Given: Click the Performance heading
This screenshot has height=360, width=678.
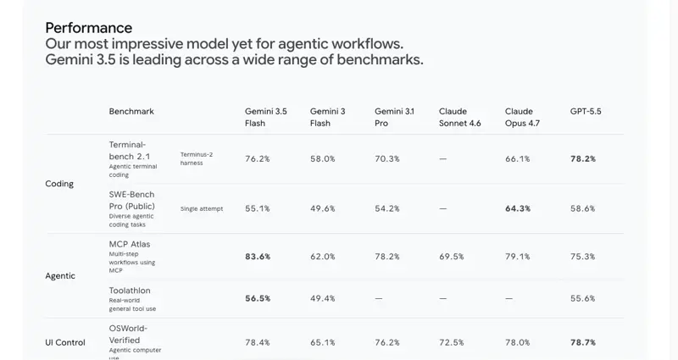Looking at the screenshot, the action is coord(89,28).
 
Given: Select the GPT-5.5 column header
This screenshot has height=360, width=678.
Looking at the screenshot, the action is coord(586,111).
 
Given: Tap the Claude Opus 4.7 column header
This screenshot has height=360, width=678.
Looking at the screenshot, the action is coord(522,117).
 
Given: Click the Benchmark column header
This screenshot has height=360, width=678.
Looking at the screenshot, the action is coord(131,111).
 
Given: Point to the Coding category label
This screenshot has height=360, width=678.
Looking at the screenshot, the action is coord(59,184).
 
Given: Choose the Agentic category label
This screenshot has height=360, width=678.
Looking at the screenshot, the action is coord(60,276).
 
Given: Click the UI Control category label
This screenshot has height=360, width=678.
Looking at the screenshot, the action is coord(65,342).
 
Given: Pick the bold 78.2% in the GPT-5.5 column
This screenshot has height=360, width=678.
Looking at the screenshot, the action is coord(583,158).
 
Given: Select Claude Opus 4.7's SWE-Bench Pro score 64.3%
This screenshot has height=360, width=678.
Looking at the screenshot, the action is coord(518,208).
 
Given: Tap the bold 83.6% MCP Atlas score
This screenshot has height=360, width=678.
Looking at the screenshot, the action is coord(258,257).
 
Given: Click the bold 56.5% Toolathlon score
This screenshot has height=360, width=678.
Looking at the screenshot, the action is coord(258,298).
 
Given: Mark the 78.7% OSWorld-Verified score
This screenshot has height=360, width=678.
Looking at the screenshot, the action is coord(583,342).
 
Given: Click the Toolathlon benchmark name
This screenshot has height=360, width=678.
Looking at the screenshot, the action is coord(130,291).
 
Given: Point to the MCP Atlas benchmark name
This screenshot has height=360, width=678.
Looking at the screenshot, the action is coord(130,244).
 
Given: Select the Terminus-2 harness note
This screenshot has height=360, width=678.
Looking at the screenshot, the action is coord(197,158).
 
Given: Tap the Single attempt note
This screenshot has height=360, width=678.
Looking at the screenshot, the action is coord(202,208).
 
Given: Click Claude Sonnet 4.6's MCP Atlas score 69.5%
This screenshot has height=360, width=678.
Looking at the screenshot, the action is coord(452,257).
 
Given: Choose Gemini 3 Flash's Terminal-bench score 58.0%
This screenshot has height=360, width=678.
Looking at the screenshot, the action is coord(323,158).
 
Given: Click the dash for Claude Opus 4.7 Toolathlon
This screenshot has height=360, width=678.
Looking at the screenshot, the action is coord(508,298).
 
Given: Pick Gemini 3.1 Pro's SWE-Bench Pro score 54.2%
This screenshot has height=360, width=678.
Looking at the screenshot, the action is coord(387,208).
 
